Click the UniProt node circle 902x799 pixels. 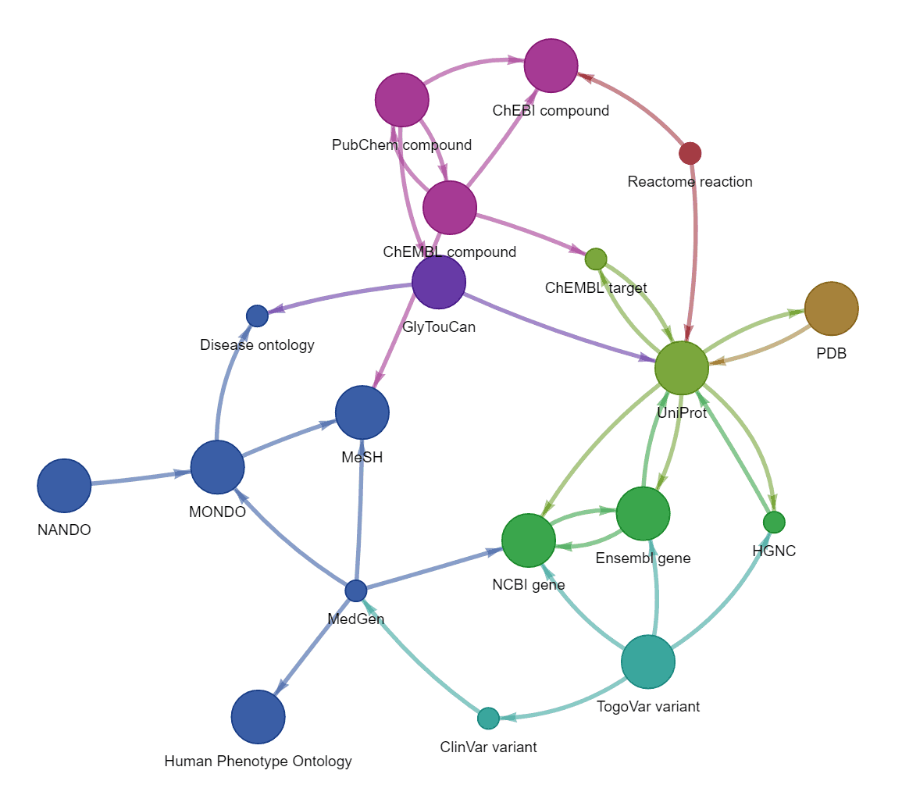681,368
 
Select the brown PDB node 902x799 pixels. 831,309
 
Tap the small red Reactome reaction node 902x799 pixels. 690,153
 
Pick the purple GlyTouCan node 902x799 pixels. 439,282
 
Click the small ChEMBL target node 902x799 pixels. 596,259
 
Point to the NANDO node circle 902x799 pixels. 64,485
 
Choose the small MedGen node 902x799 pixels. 356,590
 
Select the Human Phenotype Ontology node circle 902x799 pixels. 258,717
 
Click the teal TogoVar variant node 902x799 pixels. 647,662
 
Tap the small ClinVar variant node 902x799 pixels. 488,718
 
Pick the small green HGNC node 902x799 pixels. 774,521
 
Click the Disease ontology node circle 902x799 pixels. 257,316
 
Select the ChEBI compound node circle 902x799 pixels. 551,66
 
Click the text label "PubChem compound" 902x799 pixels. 401,145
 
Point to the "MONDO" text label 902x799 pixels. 217,512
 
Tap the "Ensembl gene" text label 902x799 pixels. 643,558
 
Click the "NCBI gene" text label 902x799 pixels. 529,584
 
